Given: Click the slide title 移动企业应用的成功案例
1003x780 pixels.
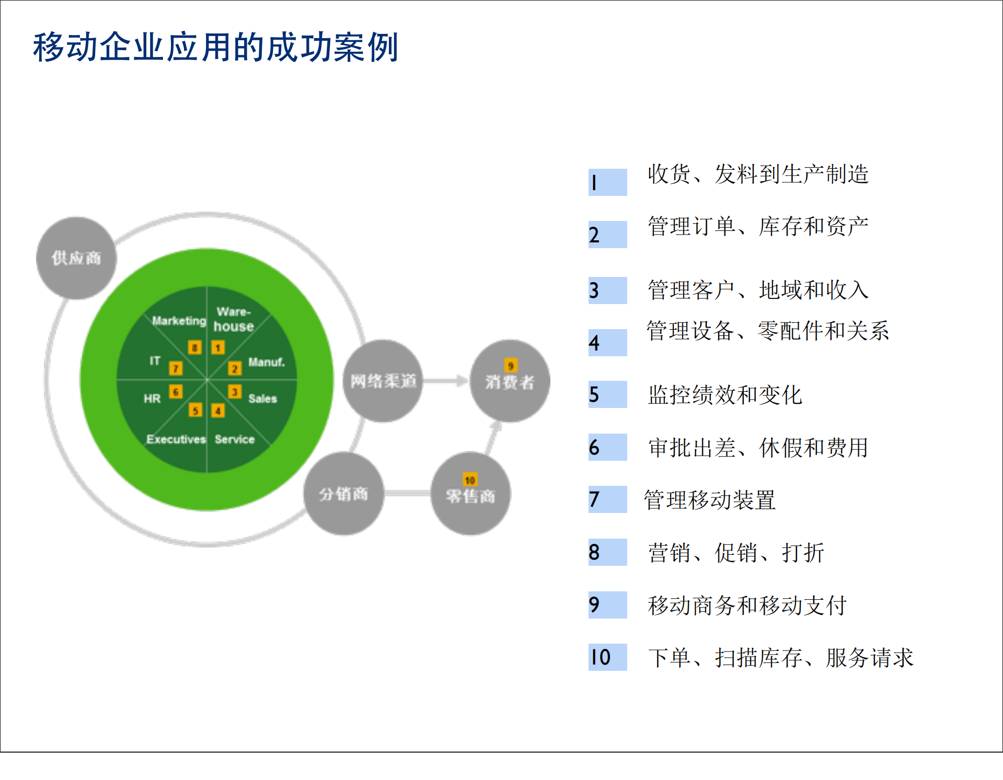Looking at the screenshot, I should [x=215, y=47].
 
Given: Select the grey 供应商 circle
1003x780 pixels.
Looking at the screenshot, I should [x=76, y=258].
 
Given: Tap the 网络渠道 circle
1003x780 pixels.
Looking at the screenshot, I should [x=383, y=381].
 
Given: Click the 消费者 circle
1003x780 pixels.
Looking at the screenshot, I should [x=510, y=381].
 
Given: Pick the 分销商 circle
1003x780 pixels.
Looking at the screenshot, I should [x=344, y=494].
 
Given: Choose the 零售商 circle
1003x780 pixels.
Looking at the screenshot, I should [x=470, y=494].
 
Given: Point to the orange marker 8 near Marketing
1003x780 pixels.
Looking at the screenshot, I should [x=194, y=347].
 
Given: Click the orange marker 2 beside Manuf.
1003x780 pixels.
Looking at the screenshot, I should [x=235, y=369].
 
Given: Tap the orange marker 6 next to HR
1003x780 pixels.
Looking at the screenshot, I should [x=176, y=392].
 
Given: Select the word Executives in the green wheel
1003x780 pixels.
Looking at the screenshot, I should [x=176, y=439].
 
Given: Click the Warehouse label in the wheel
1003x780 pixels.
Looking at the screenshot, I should [x=233, y=319].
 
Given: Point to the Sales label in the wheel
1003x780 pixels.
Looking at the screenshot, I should [x=262, y=399].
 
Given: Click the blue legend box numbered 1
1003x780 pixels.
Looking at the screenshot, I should [x=607, y=182].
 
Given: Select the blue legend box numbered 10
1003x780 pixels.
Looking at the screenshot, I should [x=607, y=657].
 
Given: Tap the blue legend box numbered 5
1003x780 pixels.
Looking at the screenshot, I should [x=607, y=394].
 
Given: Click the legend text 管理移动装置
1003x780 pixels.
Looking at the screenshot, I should [x=709, y=500].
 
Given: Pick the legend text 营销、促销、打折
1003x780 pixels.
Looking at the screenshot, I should [x=736, y=553].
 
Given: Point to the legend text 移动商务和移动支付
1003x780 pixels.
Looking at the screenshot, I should [x=747, y=606].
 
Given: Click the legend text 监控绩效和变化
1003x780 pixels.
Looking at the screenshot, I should [x=724, y=395].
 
